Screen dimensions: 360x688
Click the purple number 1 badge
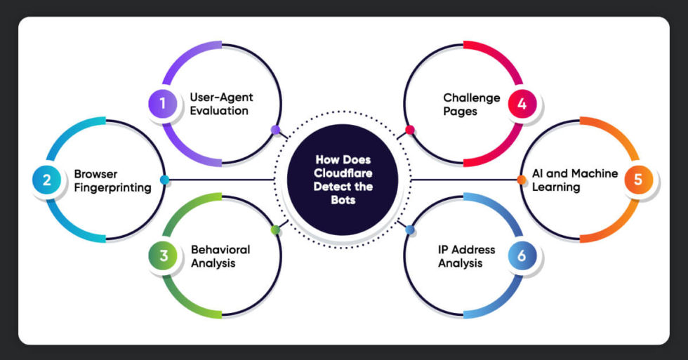(x=162, y=104)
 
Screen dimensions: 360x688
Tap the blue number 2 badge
(x=46, y=180)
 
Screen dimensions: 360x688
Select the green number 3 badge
(x=163, y=256)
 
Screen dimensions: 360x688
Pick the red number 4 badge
(x=522, y=104)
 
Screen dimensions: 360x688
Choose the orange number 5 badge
(x=637, y=180)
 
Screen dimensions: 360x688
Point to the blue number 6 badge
(x=522, y=256)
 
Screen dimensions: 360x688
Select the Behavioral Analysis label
(x=220, y=256)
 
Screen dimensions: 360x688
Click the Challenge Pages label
(x=471, y=104)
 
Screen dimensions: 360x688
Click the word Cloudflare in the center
(x=344, y=174)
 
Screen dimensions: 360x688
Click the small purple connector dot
(x=275, y=130)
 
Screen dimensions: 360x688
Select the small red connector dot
(x=410, y=130)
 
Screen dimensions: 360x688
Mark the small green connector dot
(x=275, y=229)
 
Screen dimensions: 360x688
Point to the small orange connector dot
(x=522, y=180)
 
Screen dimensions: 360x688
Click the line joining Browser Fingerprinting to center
(x=218, y=180)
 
